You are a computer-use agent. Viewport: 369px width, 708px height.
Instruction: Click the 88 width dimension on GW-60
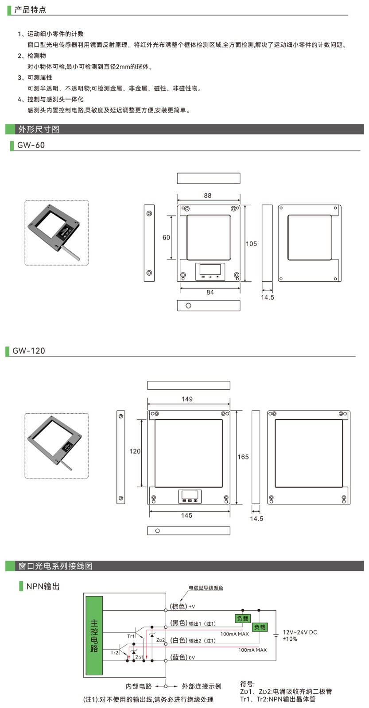(x=208, y=196)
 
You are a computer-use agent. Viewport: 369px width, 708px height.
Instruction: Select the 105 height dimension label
(x=251, y=244)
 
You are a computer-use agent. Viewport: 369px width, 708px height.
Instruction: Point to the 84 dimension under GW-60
(x=210, y=292)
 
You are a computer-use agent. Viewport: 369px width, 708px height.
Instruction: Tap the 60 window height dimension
(x=166, y=237)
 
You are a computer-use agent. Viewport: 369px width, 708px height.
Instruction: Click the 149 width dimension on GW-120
(x=187, y=399)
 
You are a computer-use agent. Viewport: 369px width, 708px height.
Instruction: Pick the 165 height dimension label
(x=243, y=457)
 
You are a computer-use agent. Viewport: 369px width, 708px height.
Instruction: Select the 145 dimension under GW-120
(x=186, y=516)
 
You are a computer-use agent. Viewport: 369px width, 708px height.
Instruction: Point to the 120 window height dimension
(x=135, y=451)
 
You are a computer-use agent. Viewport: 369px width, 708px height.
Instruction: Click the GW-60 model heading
(x=31, y=145)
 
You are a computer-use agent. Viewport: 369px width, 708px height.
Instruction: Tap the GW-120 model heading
(x=29, y=351)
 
